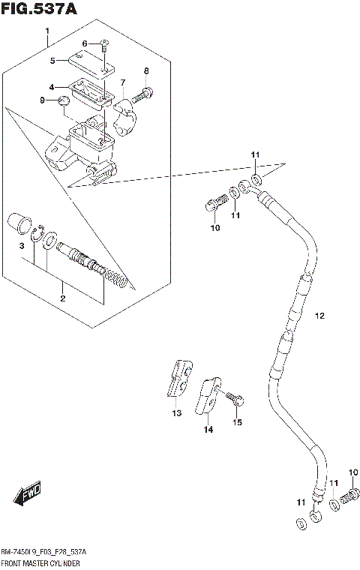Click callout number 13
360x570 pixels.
pyautogui.click(x=176, y=412)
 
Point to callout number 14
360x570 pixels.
pyautogui.click(x=208, y=429)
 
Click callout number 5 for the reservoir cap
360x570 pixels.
pyautogui.click(x=53, y=61)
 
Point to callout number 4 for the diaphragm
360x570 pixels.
pyautogui.click(x=52, y=86)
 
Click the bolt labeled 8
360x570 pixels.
pyautogui.click(x=144, y=95)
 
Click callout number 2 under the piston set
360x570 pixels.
pyautogui.click(x=62, y=298)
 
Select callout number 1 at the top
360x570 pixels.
pyautogui.click(x=46, y=31)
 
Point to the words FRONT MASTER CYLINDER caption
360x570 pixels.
pyautogui.click(x=41, y=562)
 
